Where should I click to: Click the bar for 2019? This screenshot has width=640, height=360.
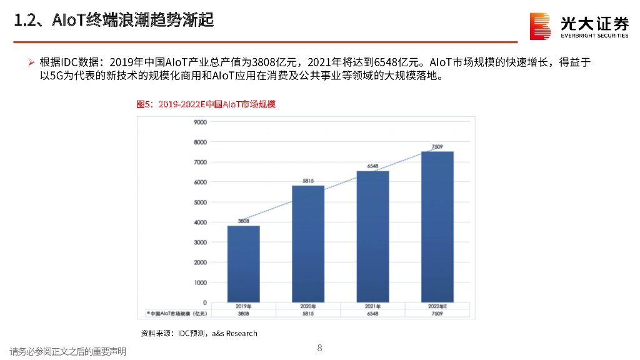pos(243,264)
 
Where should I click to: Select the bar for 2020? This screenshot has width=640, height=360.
pos(308,244)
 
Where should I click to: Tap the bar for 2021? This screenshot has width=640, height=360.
pos(372,236)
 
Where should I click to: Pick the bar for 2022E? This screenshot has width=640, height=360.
pos(437,226)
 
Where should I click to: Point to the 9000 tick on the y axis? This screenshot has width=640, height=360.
pos(200,122)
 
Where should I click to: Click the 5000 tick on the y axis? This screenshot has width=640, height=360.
pos(200,202)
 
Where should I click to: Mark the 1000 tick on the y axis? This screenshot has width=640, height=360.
pos(200,282)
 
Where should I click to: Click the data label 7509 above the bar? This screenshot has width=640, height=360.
pos(437,147)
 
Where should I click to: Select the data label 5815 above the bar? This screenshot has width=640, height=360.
pos(308,181)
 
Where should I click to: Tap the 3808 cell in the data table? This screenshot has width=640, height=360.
pos(243,313)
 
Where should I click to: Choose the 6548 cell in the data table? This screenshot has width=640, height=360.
pos(372,313)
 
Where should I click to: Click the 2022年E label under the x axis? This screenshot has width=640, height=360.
pos(437,306)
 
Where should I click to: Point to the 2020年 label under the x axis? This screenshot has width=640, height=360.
pos(308,306)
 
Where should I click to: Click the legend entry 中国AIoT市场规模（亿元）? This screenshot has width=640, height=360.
pos(176,313)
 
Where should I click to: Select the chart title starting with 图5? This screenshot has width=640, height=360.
pos(206,104)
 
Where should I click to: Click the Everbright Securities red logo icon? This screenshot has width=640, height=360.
pos(540,26)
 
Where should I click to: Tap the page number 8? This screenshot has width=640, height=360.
pos(319,348)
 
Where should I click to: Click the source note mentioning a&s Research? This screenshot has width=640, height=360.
pos(199,333)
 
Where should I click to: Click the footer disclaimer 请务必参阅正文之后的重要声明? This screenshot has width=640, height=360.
pos(67,352)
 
